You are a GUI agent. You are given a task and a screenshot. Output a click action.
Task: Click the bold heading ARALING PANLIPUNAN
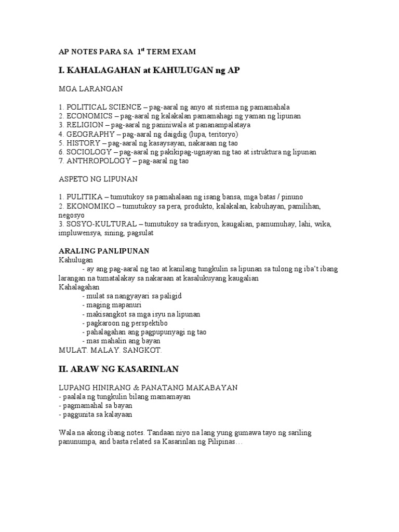click(x=104, y=251)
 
